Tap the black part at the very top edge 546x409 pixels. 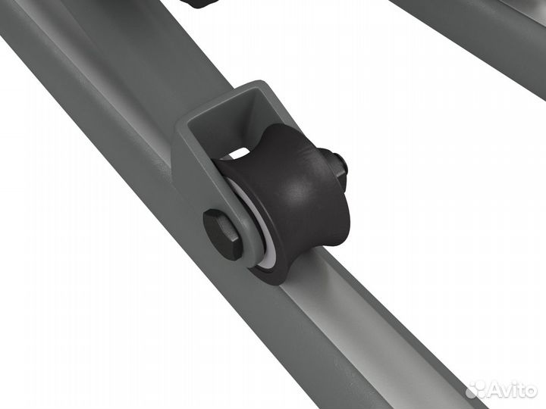tap(199, 3)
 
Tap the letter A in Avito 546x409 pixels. tap(496, 389)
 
